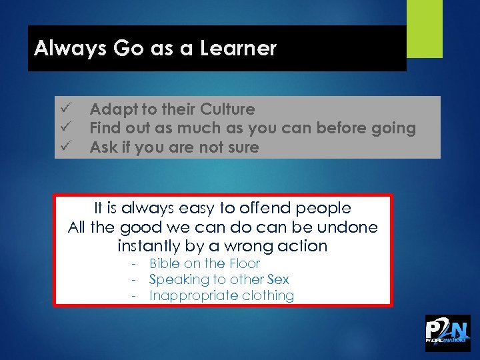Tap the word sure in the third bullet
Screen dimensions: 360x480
point(241,147)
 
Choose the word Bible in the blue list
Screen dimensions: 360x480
point(165,263)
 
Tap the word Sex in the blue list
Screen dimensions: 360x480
point(278,279)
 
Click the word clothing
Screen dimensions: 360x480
point(267,295)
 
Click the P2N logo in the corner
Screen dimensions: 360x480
point(447,333)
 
